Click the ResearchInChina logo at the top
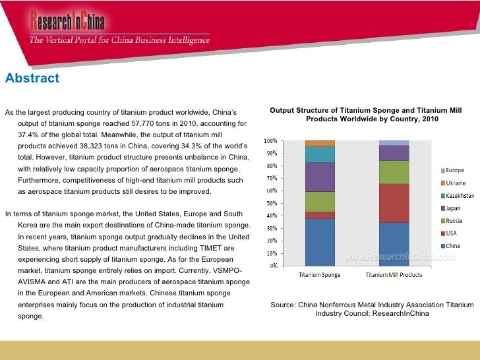(67, 23)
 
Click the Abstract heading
(32, 78)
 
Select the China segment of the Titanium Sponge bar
(320, 242)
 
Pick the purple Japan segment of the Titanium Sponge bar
(320, 177)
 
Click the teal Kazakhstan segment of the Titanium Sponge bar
(320, 154)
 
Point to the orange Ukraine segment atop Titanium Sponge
(320, 143)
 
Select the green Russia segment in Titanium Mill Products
(394, 172)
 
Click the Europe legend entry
(454, 170)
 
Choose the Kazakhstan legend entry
(458, 196)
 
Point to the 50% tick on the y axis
(270, 203)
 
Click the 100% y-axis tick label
(270, 141)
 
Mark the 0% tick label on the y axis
(272, 266)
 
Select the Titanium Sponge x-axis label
(320, 274)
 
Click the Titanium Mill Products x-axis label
(394, 274)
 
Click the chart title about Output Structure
(372, 114)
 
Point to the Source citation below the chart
(372, 309)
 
